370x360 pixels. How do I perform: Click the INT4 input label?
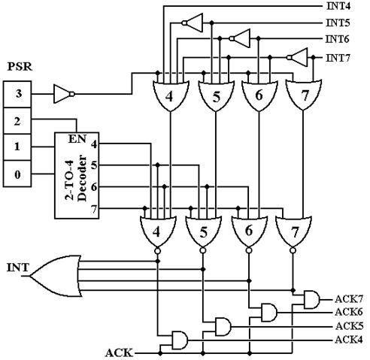click(x=338, y=6)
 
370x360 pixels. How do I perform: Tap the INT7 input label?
click(x=338, y=58)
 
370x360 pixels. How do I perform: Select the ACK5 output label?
click(x=349, y=326)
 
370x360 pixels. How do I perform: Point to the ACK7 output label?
click(x=349, y=299)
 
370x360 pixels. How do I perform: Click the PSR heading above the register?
click(x=20, y=67)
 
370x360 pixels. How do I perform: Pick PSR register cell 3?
click(x=17, y=94)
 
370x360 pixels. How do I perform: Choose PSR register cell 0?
click(x=17, y=174)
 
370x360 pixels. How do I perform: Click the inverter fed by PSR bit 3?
click(x=64, y=94)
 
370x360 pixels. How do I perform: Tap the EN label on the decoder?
click(x=77, y=139)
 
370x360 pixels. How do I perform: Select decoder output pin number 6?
click(x=94, y=187)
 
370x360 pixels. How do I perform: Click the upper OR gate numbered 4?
click(x=171, y=95)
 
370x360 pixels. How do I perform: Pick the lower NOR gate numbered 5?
click(x=203, y=232)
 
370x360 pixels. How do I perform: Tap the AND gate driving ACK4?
click(x=180, y=340)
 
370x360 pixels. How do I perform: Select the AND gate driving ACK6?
click(x=269, y=313)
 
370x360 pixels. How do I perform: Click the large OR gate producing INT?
click(x=56, y=276)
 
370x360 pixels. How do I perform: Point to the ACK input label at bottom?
click(x=119, y=353)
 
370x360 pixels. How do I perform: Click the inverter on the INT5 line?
click(x=193, y=23)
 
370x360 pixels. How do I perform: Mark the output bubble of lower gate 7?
click(x=293, y=250)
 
